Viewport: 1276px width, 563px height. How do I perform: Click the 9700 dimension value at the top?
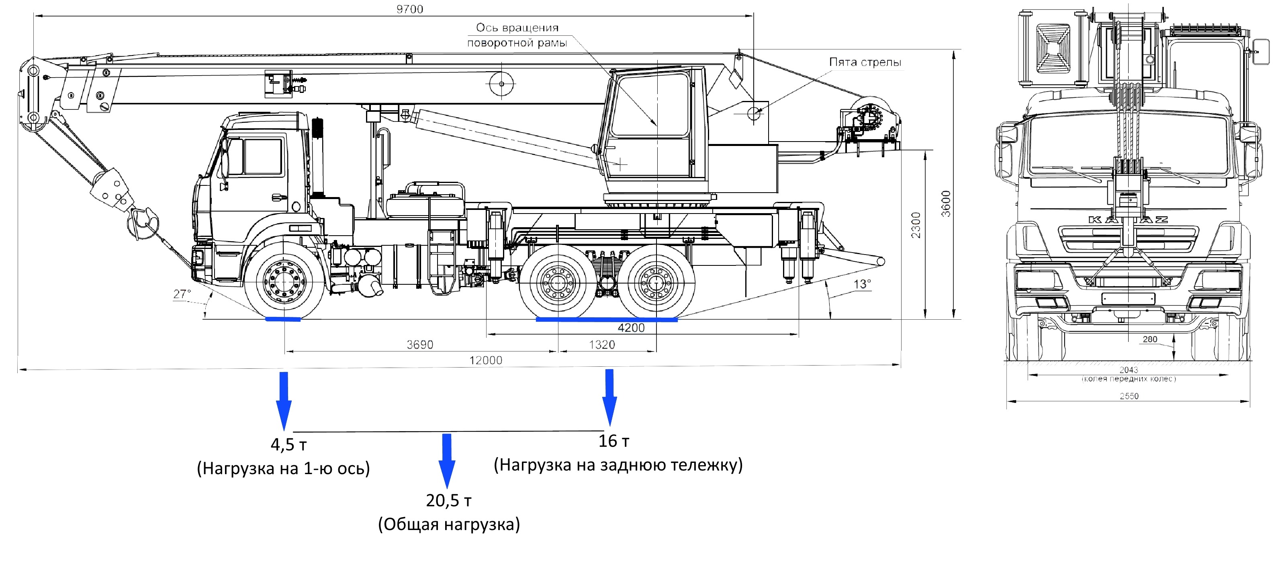click(x=410, y=9)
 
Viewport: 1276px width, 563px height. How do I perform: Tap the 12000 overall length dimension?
click(x=485, y=360)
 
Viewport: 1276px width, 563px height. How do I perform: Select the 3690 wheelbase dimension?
click(x=419, y=345)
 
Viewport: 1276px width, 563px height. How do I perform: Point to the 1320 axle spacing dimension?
click(x=601, y=345)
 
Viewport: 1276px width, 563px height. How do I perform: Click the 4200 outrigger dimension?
click(x=631, y=328)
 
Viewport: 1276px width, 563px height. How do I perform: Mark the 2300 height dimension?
click(x=916, y=225)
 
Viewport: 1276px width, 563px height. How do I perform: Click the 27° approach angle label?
click(x=182, y=294)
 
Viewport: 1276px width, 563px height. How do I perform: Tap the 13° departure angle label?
click(x=862, y=284)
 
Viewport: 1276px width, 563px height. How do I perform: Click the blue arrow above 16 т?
click(x=609, y=397)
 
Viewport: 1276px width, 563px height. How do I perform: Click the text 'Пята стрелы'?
click(x=865, y=62)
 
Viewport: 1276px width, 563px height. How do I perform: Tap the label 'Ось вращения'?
click(x=517, y=28)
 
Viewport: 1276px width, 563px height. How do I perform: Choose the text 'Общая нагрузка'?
click(x=449, y=524)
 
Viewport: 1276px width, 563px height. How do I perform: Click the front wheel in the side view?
click(x=284, y=281)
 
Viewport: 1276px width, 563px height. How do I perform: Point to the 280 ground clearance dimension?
click(x=1150, y=339)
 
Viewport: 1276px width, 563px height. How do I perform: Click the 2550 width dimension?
click(x=1129, y=396)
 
